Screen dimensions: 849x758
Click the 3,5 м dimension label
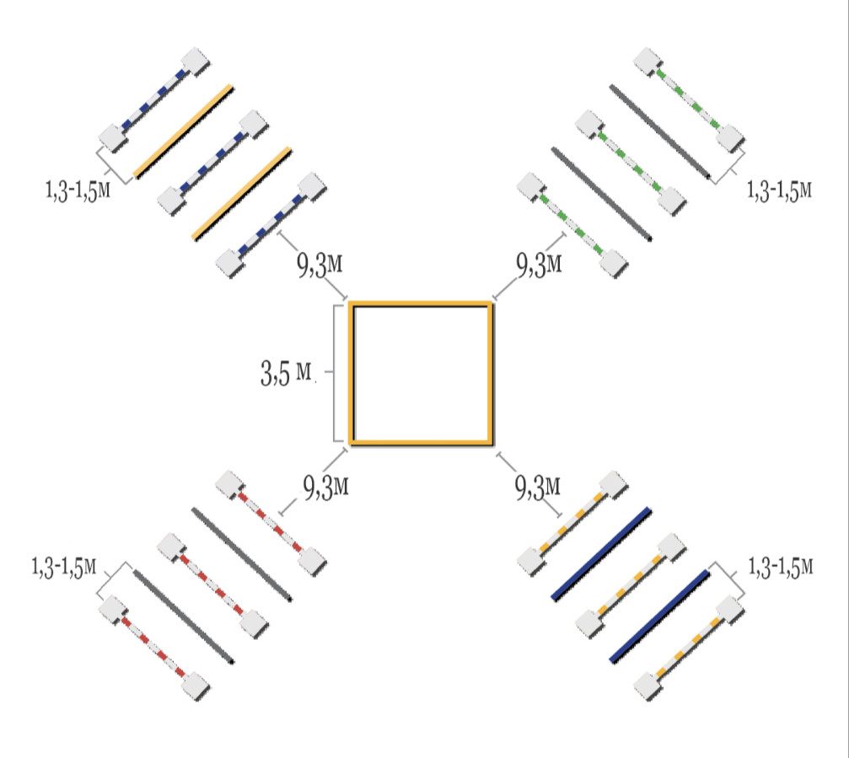287,372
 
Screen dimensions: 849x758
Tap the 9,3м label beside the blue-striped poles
320,264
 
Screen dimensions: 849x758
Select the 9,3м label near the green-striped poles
539,264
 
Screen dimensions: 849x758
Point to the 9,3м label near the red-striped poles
325,488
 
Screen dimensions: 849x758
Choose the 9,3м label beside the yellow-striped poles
537,488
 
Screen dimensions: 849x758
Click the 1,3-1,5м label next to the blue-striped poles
78,190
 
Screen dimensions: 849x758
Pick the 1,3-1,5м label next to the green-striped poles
779,190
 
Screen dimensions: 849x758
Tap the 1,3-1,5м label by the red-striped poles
64,568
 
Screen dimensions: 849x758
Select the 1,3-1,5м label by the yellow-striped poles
780,568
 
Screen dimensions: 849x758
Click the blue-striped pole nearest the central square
271,226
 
